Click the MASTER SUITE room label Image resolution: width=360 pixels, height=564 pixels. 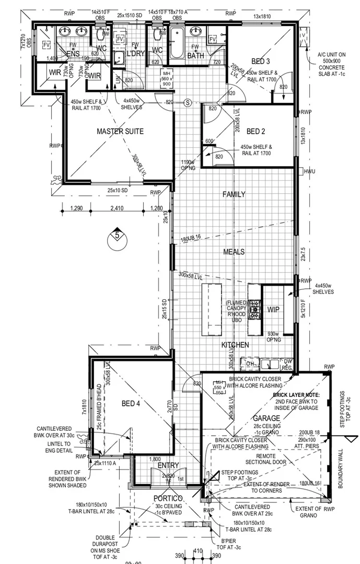tap(120, 132)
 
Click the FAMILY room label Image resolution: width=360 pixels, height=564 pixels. tap(234, 194)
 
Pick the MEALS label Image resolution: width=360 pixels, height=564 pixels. tap(234, 252)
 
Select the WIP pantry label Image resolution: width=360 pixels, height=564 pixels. tap(274, 310)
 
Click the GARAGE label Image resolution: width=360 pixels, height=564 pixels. tap(267, 418)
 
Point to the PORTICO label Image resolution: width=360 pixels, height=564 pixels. tap(167, 498)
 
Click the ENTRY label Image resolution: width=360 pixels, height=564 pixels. tap(168, 465)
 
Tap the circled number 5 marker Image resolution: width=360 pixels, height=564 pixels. tap(117, 236)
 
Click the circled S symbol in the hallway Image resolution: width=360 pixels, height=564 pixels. tap(189, 102)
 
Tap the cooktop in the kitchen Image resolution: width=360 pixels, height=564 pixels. tap(254, 309)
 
